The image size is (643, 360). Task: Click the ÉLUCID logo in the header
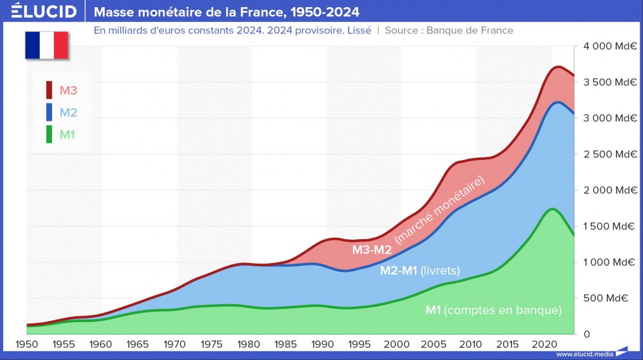point(44,12)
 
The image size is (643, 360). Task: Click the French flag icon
point(46,45)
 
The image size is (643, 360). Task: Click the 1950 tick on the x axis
point(27,345)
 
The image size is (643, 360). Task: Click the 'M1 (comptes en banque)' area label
point(493,310)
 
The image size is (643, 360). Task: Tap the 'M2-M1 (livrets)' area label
point(420,271)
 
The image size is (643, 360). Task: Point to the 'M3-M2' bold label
point(372,249)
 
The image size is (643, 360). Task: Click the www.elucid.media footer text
point(584,354)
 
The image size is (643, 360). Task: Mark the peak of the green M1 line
point(552,208)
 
